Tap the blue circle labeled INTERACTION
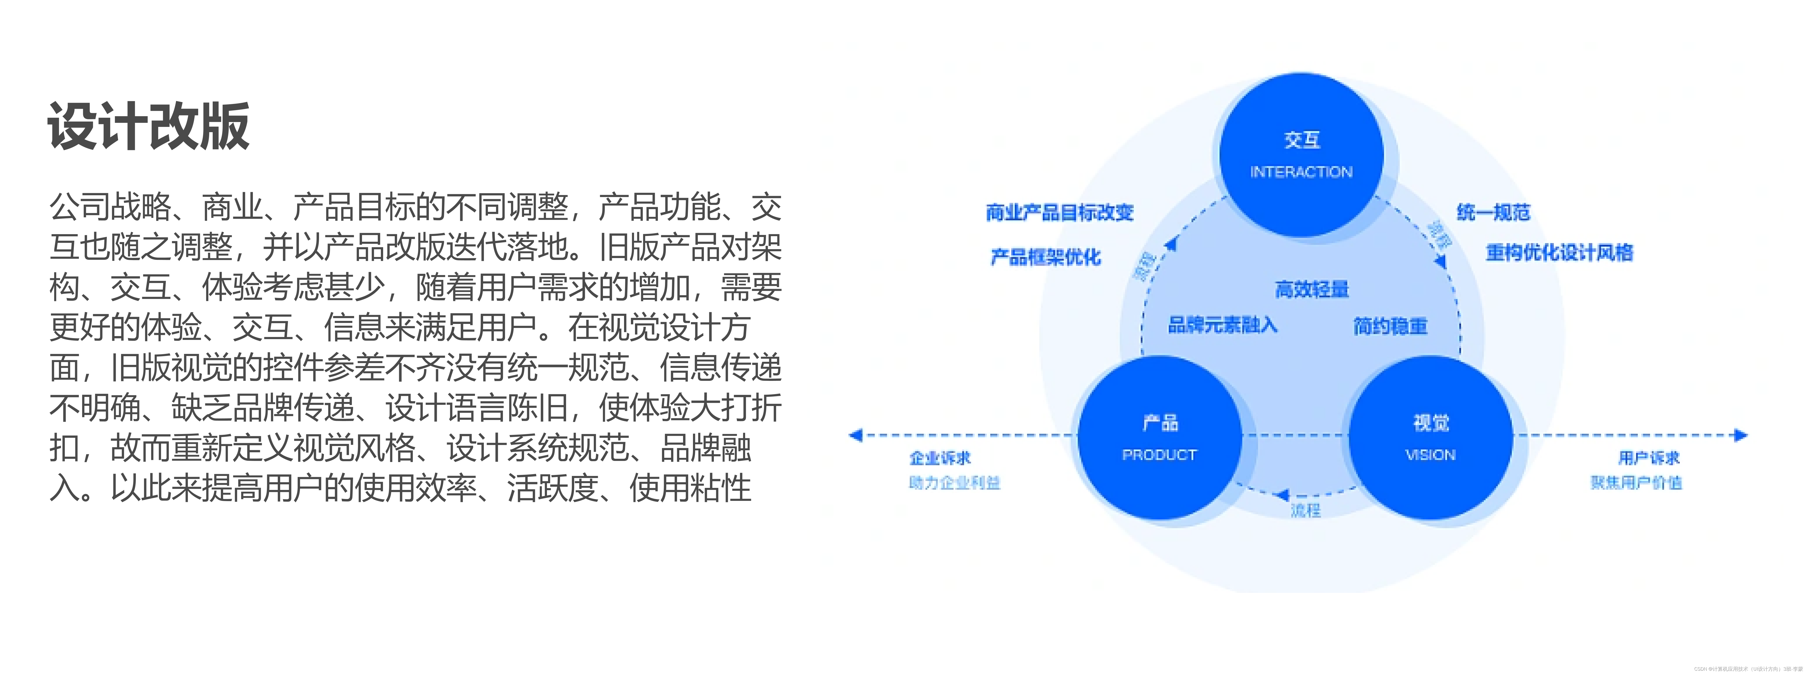1301,154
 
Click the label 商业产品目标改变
1059,212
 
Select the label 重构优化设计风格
1559,252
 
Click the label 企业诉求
940,458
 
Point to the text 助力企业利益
954,483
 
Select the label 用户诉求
1649,458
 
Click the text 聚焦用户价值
1636,483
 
